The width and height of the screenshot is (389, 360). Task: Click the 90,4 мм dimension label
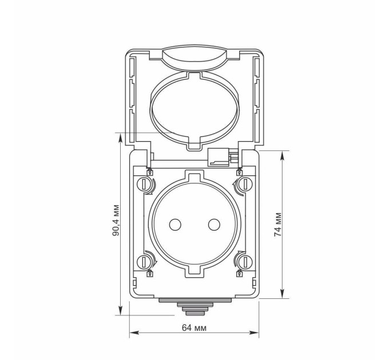tap(116, 220)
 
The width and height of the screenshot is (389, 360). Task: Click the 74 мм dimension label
tap(278, 225)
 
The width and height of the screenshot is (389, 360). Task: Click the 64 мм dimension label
tap(194, 328)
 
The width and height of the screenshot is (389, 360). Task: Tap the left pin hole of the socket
tap(175, 225)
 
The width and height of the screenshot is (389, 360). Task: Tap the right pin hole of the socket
tap(214, 225)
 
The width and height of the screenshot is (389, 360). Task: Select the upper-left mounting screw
tap(144, 184)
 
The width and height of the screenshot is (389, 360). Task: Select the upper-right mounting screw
tap(245, 184)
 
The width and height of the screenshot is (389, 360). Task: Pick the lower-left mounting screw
tap(144, 262)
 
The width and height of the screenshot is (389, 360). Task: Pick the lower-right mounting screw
tap(245, 262)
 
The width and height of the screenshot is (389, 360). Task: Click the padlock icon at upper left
tap(150, 172)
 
